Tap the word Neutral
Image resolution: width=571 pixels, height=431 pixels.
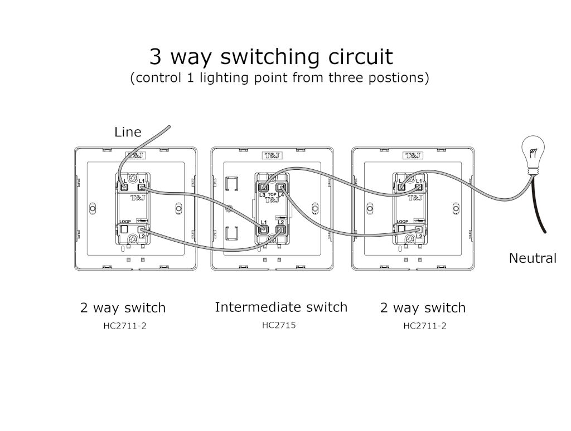(x=533, y=258)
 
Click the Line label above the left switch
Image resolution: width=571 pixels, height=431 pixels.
(x=128, y=132)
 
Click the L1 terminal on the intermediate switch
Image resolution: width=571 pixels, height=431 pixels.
(x=263, y=228)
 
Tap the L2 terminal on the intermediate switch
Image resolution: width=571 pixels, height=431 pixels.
(x=281, y=228)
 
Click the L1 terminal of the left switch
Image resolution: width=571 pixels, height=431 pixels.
(x=142, y=188)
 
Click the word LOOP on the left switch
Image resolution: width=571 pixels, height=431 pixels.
(x=125, y=221)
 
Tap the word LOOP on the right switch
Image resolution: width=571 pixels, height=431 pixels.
(x=402, y=221)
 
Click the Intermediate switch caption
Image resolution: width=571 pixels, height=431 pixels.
(x=280, y=307)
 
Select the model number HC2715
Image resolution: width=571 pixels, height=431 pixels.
(x=279, y=325)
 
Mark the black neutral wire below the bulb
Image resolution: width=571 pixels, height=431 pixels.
(x=540, y=206)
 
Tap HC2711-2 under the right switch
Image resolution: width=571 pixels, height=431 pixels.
(x=424, y=326)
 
